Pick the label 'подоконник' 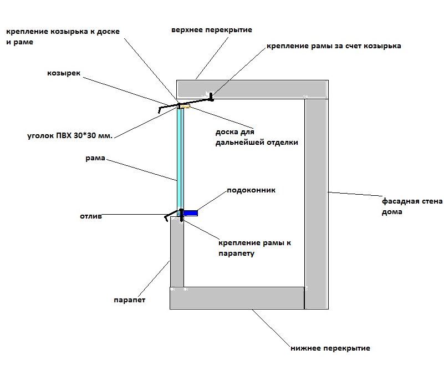[x=251, y=190]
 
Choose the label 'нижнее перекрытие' [x=330, y=348]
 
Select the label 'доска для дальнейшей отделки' [x=257, y=138]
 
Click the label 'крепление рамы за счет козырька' [x=333, y=46]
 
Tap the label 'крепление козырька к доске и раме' [x=63, y=37]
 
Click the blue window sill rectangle [x=190, y=212]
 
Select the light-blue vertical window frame [x=180, y=158]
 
